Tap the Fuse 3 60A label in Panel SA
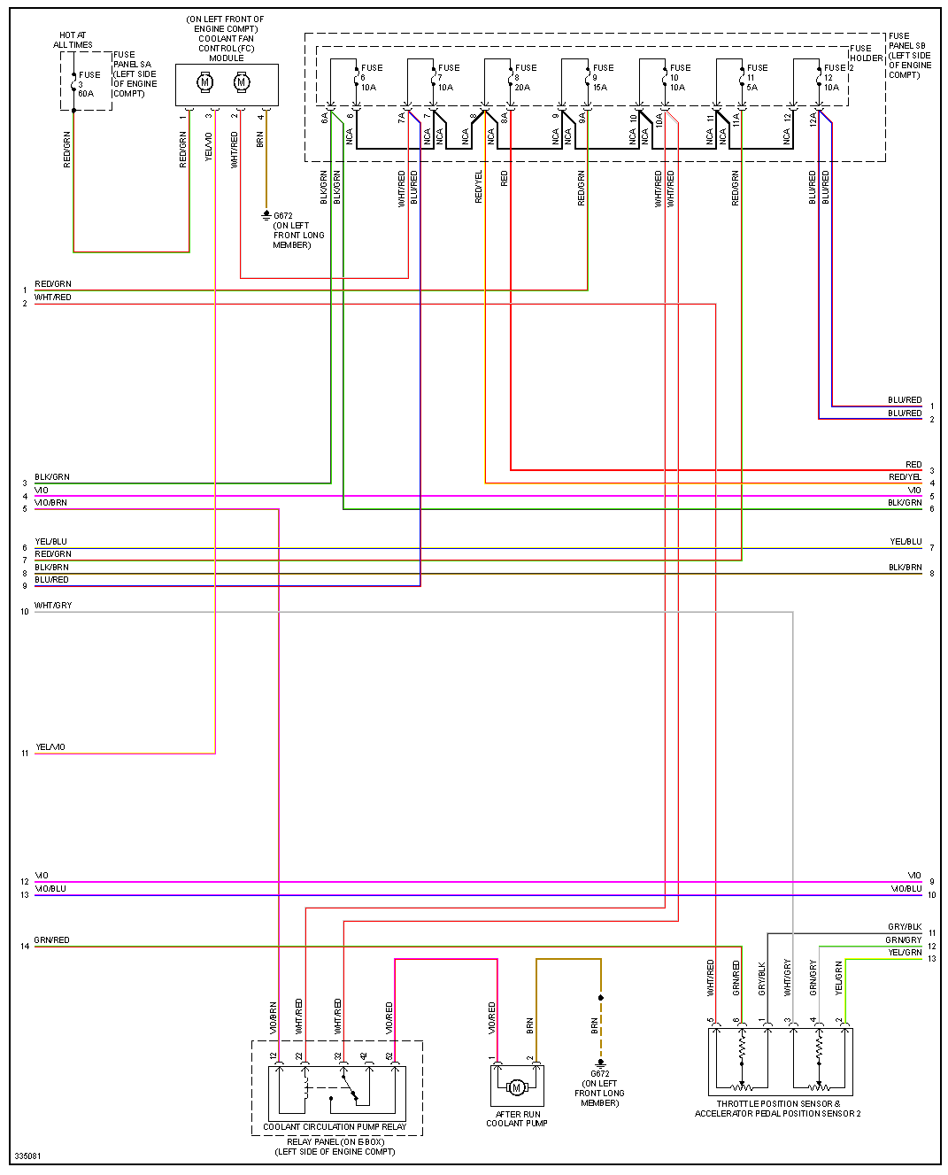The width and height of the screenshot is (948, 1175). tap(89, 84)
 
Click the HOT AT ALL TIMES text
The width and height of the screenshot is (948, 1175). tap(73, 40)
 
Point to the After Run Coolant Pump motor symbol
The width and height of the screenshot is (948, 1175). tap(516, 1087)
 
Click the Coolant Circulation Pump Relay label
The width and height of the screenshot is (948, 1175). tap(335, 1127)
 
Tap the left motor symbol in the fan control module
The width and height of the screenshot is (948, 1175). tap(205, 83)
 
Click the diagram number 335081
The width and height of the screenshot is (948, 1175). tap(27, 1156)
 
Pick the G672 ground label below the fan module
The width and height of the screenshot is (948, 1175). tap(283, 216)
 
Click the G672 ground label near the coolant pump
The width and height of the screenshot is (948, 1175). tap(600, 1074)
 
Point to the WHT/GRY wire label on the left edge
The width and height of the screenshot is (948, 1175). tap(53, 606)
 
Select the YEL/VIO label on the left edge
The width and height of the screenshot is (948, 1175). tap(50, 747)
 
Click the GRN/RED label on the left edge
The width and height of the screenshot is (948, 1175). tap(51, 940)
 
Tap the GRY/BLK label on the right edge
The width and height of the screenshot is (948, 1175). tap(905, 927)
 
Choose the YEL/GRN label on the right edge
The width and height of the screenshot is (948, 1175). tap(905, 953)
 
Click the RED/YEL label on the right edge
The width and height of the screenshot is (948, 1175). tap(905, 477)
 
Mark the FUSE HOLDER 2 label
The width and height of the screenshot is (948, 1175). tap(865, 54)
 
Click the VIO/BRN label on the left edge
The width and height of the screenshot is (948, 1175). tap(50, 503)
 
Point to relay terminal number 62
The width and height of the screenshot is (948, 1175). tap(390, 1056)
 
